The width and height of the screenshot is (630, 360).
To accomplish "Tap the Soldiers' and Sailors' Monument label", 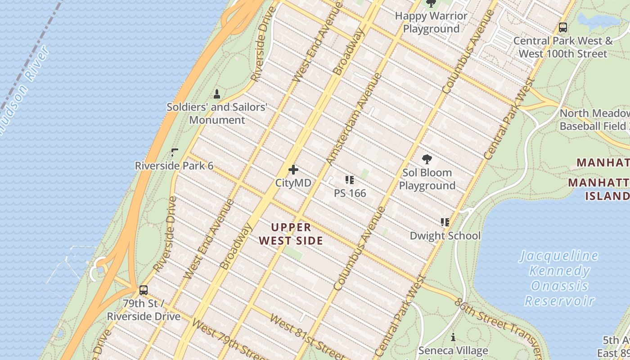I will (x=217, y=113).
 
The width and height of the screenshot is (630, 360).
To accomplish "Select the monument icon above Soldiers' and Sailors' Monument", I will (x=217, y=94).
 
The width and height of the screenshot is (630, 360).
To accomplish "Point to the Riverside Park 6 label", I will (x=174, y=166).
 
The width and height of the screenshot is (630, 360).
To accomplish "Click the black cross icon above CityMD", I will (x=293, y=170).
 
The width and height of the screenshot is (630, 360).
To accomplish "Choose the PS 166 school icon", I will (x=350, y=180).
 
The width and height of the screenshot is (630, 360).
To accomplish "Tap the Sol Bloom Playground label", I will (x=427, y=179).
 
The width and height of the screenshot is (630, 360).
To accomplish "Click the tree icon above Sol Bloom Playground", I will (x=427, y=159).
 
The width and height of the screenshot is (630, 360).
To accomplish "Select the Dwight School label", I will (x=445, y=236).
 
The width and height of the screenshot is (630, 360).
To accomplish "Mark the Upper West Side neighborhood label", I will (x=291, y=234).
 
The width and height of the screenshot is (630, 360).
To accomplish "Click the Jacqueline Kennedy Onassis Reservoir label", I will (x=559, y=278).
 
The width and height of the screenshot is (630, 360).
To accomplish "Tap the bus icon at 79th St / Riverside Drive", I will (x=144, y=290).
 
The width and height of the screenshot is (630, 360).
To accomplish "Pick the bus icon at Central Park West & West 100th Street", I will (x=562, y=27).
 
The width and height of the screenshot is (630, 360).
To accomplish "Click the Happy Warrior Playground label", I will (x=431, y=22).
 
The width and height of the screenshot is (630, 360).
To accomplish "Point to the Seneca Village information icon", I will (x=453, y=337).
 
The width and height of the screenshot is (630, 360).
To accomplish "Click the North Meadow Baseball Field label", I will (x=594, y=119).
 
